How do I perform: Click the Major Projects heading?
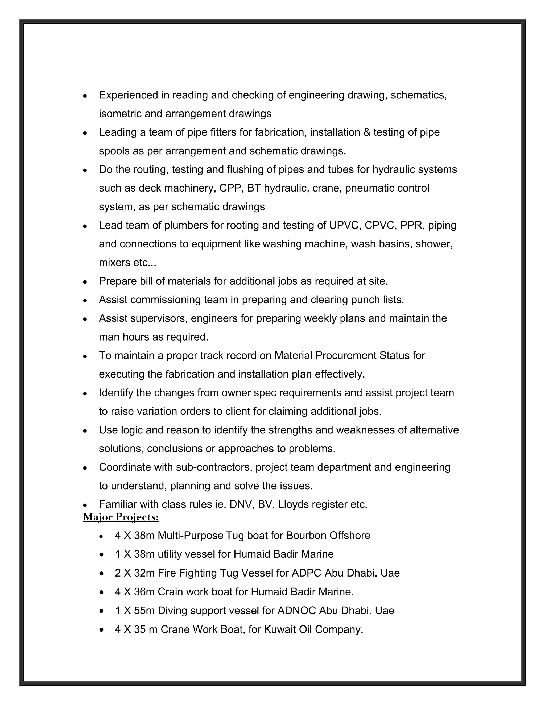coord(121,517)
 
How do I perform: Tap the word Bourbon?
coord(306,536)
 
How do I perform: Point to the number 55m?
coord(144,611)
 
